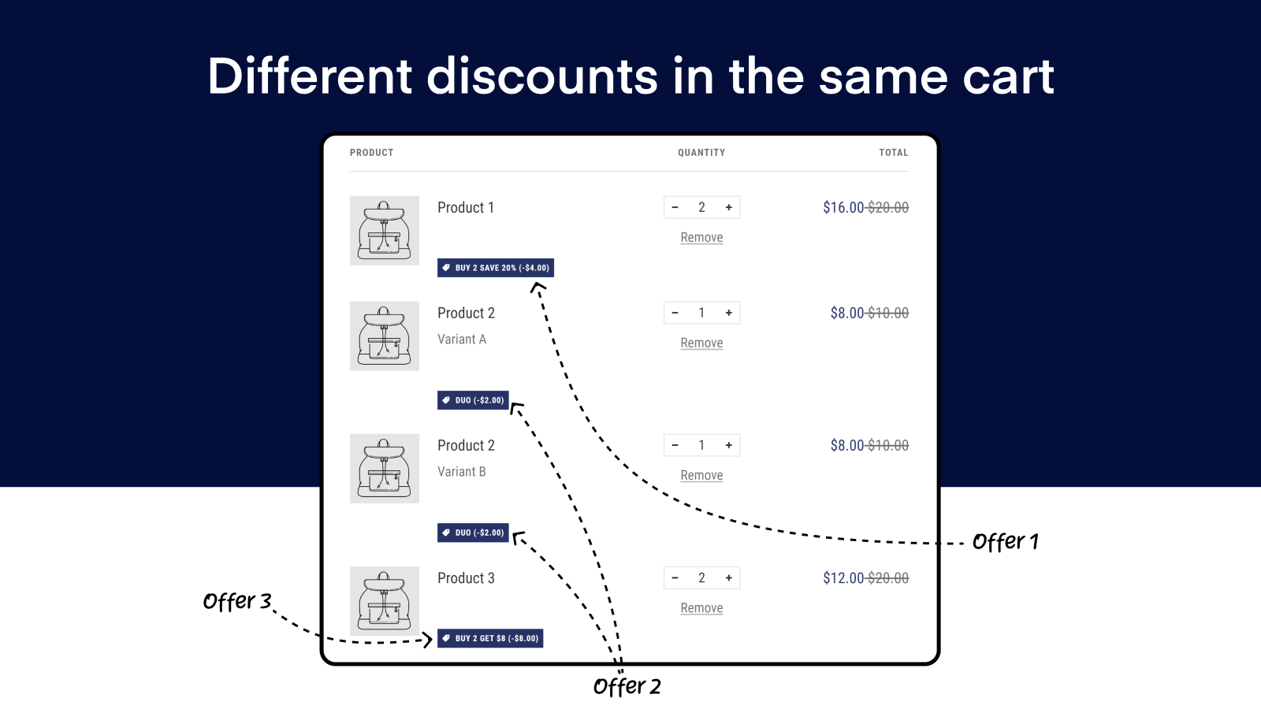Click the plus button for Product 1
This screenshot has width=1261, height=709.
(x=729, y=207)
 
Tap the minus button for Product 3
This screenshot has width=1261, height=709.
(x=675, y=577)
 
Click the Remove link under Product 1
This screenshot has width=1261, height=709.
(x=701, y=237)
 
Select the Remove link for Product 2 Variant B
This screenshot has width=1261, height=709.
(x=701, y=475)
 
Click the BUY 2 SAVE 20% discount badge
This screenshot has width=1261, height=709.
(x=496, y=268)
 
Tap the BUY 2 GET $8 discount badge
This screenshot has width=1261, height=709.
(x=490, y=638)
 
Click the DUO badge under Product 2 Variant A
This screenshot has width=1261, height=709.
(x=473, y=400)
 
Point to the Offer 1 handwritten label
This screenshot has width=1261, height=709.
(x=1005, y=542)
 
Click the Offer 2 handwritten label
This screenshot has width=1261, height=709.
(x=627, y=686)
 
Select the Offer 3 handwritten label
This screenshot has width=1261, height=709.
(x=237, y=602)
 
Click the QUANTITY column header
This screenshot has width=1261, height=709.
(x=701, y=153)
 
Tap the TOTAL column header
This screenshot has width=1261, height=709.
(x=894, y=153)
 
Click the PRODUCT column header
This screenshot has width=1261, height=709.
(x=371, y=153)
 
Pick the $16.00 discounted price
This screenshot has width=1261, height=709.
(x=843, y=207)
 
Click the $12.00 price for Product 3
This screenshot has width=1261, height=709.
(x=843, y=577)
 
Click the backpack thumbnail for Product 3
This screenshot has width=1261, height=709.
(x=385, y=601)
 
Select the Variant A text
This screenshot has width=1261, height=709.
(x=462, y=340)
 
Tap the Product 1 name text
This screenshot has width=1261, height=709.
(x=466, y=207)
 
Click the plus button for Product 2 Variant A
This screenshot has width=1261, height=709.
(x=729, y=313)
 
